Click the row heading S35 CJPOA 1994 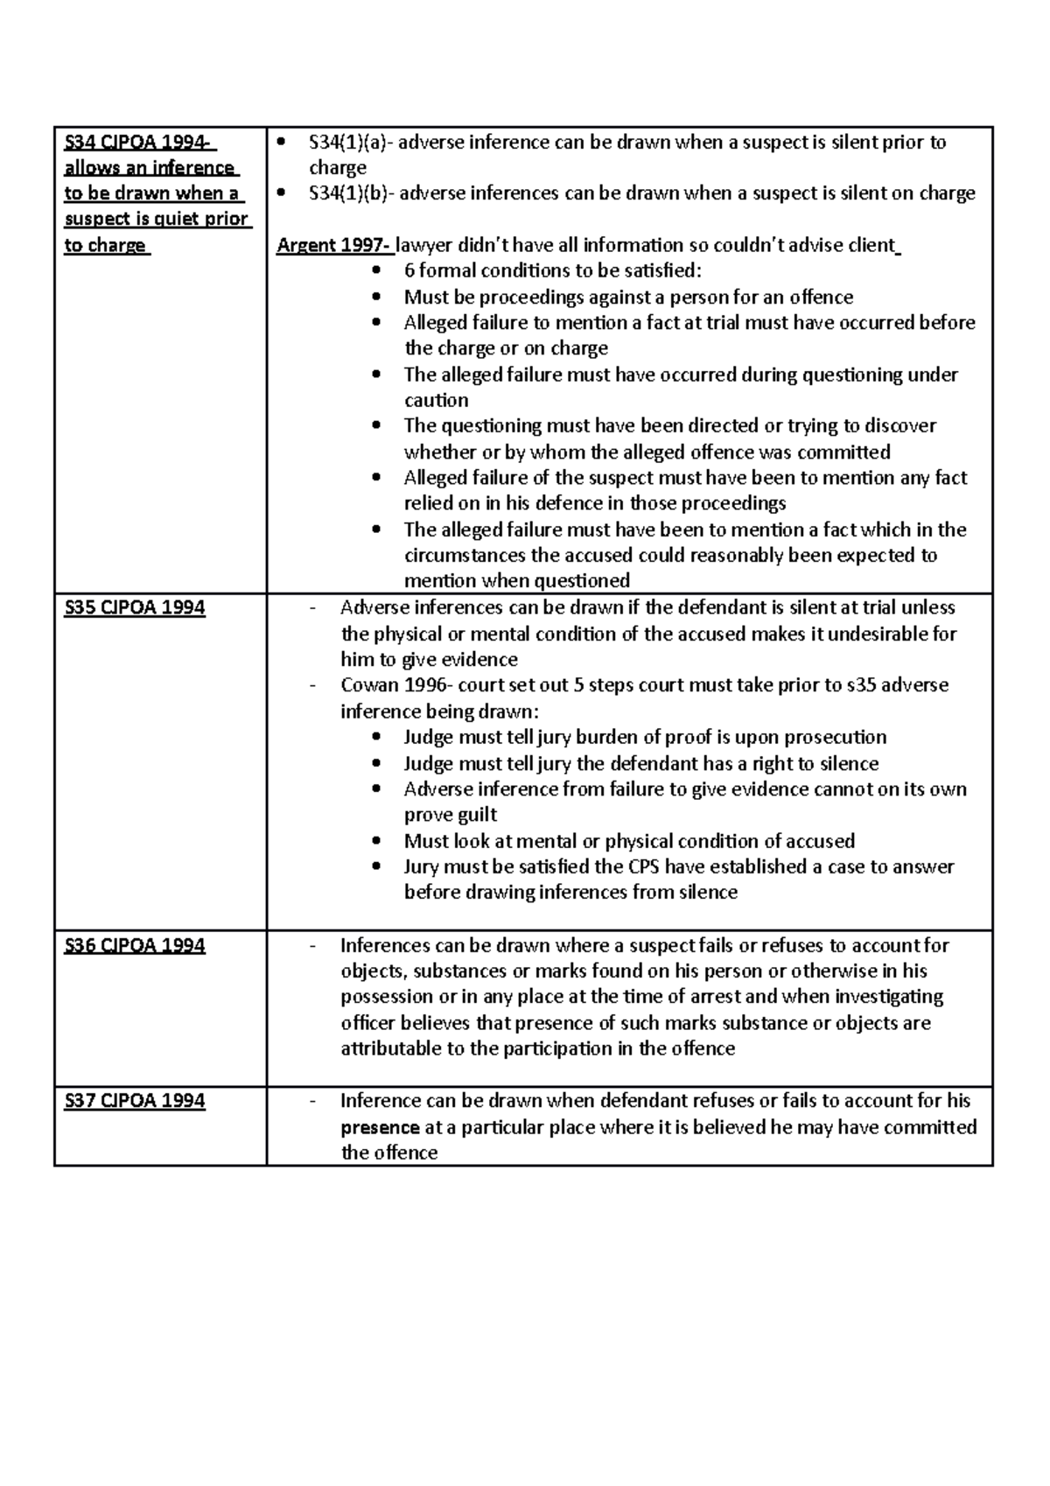(x=135, y=608)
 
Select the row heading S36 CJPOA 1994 (x=135, y=945)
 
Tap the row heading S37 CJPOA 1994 (x=135, y=1101)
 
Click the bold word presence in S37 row (x=380, y=1127)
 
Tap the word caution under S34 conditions (x=436, y=401)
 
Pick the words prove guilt (x=450, y=816)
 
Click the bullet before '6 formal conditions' (x=377, y=271)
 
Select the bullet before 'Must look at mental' (x=377, y=842)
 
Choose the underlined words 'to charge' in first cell (x=105, y=246)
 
